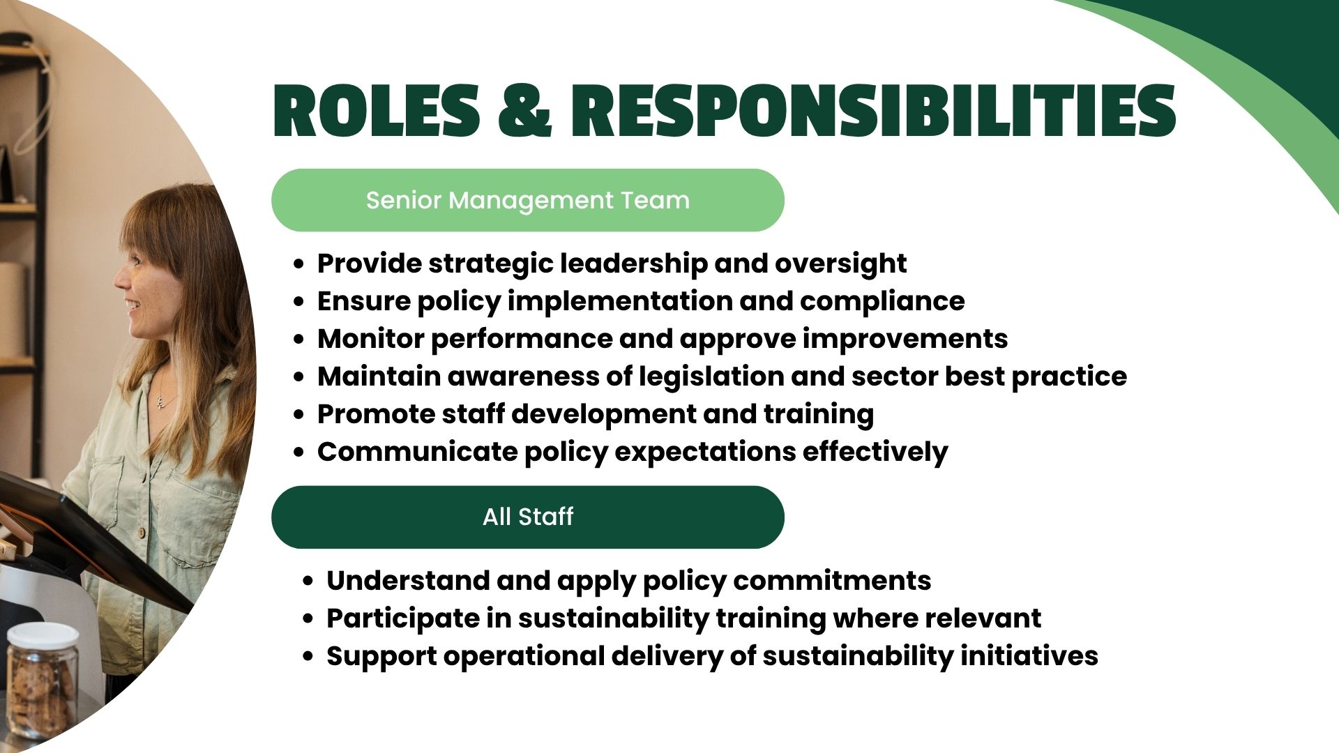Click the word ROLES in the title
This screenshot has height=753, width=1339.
point(377,110)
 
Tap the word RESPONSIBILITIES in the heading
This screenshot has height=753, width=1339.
point(874,110)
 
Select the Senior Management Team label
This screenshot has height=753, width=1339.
point(528,200)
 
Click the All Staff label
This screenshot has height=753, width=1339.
point(528,517)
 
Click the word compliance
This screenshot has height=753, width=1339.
point(882,302)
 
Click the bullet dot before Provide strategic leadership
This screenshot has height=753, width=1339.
point(299,264)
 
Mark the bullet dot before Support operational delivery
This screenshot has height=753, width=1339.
point(308,657)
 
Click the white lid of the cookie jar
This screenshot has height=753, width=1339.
point(43,635)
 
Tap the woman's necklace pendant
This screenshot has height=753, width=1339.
point(160,401)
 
